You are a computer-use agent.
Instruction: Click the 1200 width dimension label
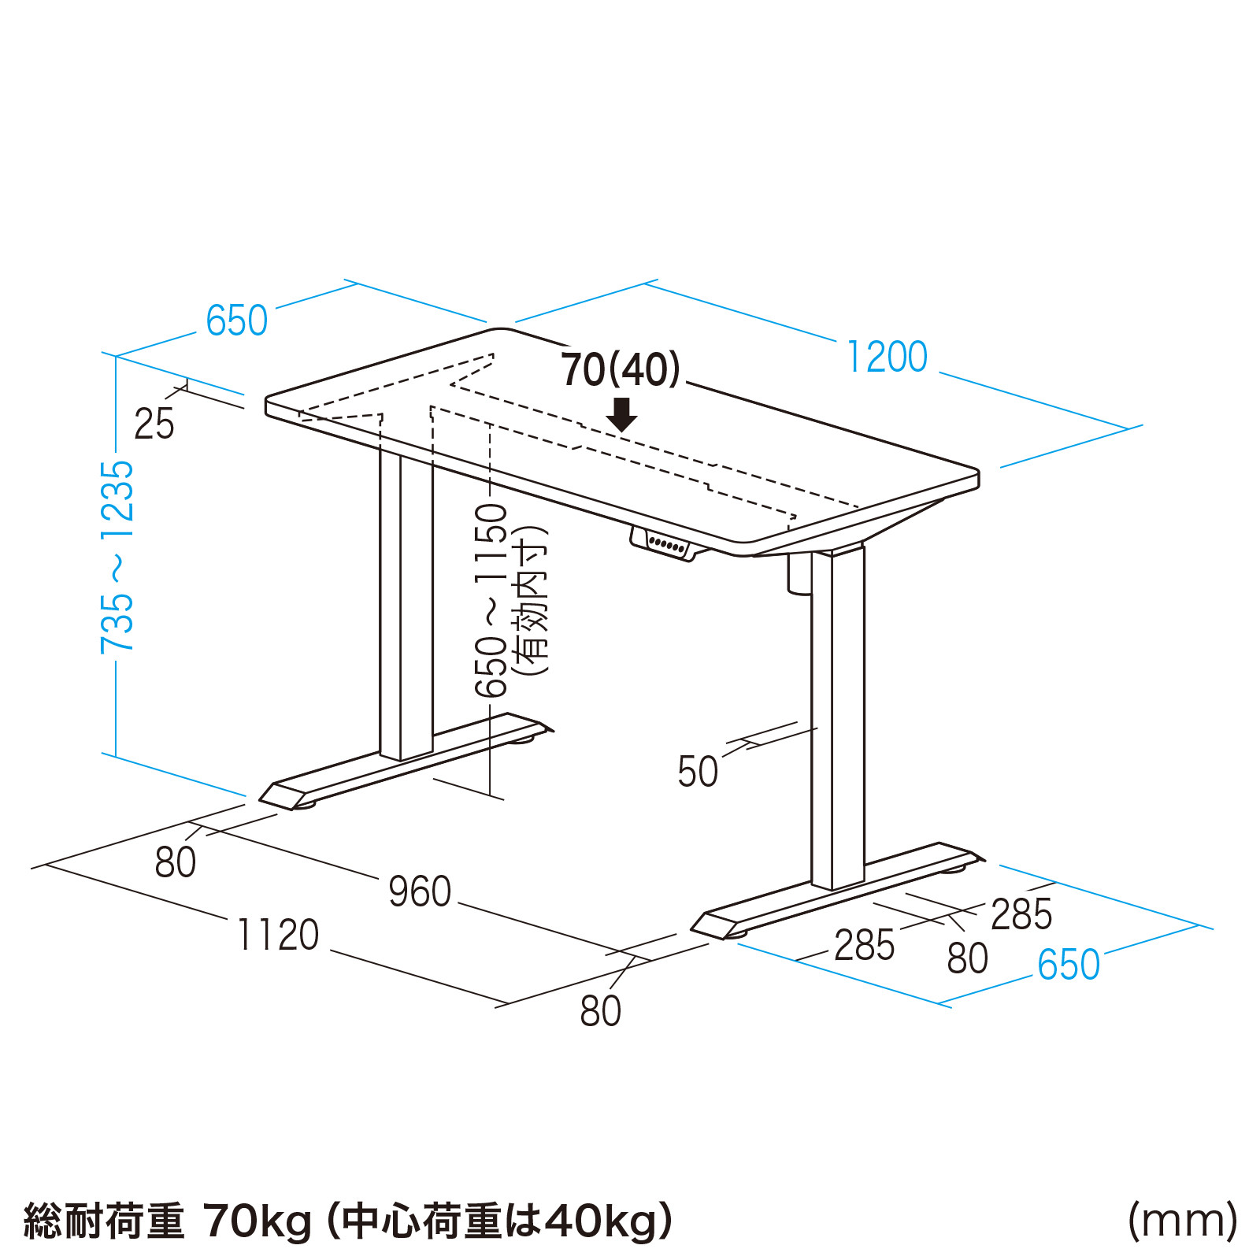point(887,357)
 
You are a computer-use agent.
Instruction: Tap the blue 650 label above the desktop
point(236,321)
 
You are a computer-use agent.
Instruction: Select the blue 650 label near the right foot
point(1068,964)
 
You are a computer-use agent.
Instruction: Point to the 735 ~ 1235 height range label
point(117,558)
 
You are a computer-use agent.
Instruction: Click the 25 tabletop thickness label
point(154,424)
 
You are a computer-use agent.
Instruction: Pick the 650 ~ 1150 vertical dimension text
point(491,601)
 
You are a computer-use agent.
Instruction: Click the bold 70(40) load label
point(621,369)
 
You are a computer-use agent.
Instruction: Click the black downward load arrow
point(622,414)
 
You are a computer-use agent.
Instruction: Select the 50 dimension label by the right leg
point(697,771)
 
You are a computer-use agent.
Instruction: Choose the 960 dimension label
point(420,891)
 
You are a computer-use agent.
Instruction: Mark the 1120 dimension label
point(278,935)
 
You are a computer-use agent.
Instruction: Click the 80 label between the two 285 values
point(967,958)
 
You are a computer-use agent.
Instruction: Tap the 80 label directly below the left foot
point(175,862)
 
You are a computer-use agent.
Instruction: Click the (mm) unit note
point(1182,1221)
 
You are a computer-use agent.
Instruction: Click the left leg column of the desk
point(406,606)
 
